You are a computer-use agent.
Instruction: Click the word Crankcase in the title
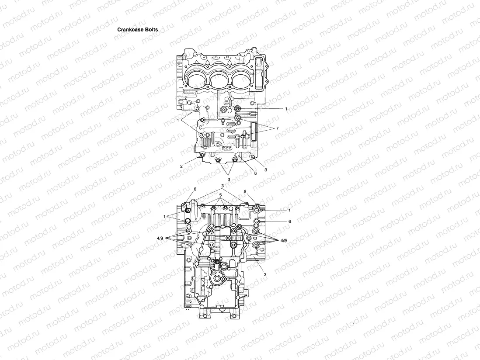pyautogui.click(x=130, y=30)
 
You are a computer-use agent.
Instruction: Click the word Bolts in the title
pyautogui.click(x=151, y=30)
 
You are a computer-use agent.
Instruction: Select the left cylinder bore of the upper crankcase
pyautogui.click(x=195, y=80)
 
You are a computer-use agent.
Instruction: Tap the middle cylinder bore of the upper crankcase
pyautogui.click(x=219, y=80)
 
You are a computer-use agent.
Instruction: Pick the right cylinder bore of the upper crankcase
pyautogui.click(x=243, y=80)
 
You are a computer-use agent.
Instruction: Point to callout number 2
pyautogui.click(x=181, y=166)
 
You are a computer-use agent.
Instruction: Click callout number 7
pyautogui.click(x=277, y=128)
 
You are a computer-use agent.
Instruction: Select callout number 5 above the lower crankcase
pyautogui.click(x=221, y=194)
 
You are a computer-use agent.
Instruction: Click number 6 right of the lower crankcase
pyautogui.click(x=289, y=222)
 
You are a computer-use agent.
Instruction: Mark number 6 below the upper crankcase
pyautogui.click(x=255, y=173)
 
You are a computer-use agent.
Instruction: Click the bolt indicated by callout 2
pyautogui.click(x=202, y=155)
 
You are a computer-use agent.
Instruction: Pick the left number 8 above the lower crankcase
pyautogui.click(x=195, y=189)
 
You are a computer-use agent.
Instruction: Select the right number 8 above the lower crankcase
pyautogui.click(x=245, y=191)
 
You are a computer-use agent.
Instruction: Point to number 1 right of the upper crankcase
pyautogui.click(x=286, y=108)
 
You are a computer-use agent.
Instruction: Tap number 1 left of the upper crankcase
pyautogui.click(x=178, y=119)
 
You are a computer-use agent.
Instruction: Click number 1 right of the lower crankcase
pyautogui.click(x=289, y=210)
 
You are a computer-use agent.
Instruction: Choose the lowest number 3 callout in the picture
pyautogui.click(x=265, y=273)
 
